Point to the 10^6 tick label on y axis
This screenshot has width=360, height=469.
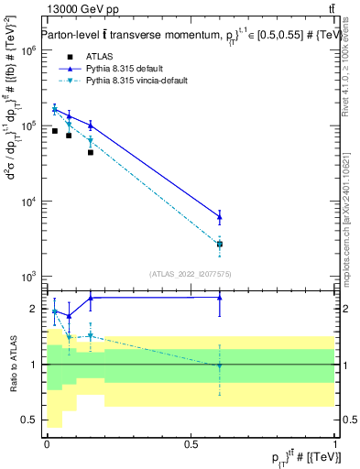[x=27, y=51]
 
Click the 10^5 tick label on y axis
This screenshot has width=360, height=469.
[x=27, y=126]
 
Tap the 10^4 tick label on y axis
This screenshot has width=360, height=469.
[x=27, y=202]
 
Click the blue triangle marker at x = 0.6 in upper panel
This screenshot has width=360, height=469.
[x=220, y=217]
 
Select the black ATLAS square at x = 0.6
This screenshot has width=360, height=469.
[x=220, y=245]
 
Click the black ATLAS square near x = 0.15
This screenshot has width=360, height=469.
[x=90, y=152]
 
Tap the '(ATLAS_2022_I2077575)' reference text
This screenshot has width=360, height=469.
[x=191, y=273]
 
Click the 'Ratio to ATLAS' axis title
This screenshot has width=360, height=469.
[x=12, y=364]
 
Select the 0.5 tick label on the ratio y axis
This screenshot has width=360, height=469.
[x=30, y=420]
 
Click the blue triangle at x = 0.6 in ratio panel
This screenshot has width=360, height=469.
[x=220, y=297]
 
